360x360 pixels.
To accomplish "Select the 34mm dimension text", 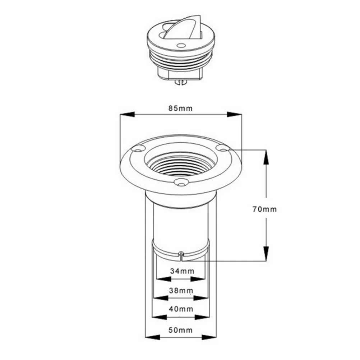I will (x=181, y=271).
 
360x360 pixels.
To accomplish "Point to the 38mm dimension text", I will (x=181, y=290).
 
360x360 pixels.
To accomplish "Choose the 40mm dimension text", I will (x=181, y=309).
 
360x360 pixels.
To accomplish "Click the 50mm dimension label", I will (x=181, y=330).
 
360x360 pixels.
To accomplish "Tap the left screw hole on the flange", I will (x=138, y=148).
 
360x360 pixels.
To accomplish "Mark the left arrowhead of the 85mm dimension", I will (x=126, y=115).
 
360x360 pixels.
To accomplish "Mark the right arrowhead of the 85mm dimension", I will (x=234, y=115).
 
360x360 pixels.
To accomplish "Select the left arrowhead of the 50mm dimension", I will (x=151, y=337).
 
